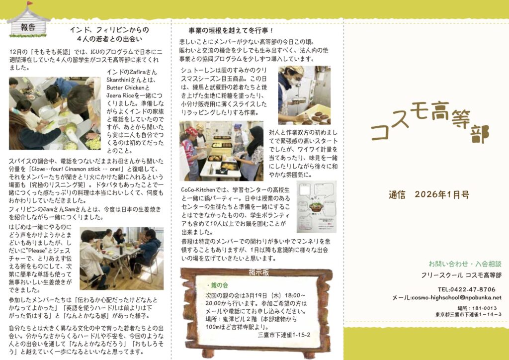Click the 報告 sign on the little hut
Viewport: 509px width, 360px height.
(28, 27)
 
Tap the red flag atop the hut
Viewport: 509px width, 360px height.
(30, 3)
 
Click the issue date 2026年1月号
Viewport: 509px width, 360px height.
(442, 195)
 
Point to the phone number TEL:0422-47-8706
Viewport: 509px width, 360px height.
(466, 289)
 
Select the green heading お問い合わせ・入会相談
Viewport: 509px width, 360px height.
(465, 264)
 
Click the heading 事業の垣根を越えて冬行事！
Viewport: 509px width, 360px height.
(231, 30)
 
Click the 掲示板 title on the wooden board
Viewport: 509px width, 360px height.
(258, 272)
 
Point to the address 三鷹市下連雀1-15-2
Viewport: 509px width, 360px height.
(284, 335)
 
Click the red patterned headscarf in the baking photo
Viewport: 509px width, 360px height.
(191, 131)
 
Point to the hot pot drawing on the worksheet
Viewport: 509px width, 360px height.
(316, 206)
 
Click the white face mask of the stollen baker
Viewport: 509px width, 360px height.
(294, 82)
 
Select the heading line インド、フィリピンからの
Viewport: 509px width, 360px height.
(109, 30)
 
